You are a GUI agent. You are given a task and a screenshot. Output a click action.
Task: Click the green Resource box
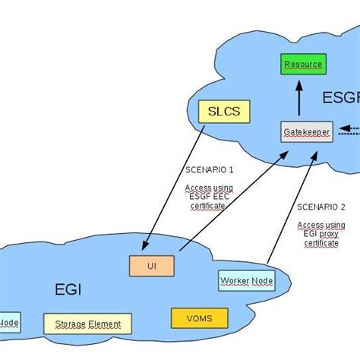[x=303, y=65]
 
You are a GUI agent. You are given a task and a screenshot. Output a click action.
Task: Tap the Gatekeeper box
[x=302, y=131]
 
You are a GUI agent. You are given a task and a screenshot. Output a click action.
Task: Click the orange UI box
[x=151, y=265]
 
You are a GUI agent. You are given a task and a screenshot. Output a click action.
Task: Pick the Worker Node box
[x=246, y=281]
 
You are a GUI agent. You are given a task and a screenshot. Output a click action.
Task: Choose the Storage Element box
[x=87, y=324]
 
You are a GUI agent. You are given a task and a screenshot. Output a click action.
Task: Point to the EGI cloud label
[x=68, y=289]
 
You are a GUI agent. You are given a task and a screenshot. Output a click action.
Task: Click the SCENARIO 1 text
[x=209, y=169]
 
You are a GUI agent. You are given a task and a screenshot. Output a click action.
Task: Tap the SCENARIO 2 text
[x=321, y=207]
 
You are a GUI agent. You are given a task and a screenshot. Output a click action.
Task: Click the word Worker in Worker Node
[x=235, y=281]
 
